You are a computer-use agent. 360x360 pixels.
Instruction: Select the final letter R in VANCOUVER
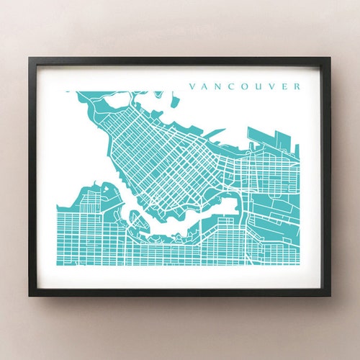pyautogui.click(x=297, y=86)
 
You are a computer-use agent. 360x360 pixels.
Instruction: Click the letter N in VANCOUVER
pyautogui.click(x=215, y=86)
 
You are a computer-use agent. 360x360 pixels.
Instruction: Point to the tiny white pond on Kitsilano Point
pyautogui.click(x=106, y=189)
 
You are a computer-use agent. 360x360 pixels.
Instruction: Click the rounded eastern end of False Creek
pyautogui.click(x=234, y=206)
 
